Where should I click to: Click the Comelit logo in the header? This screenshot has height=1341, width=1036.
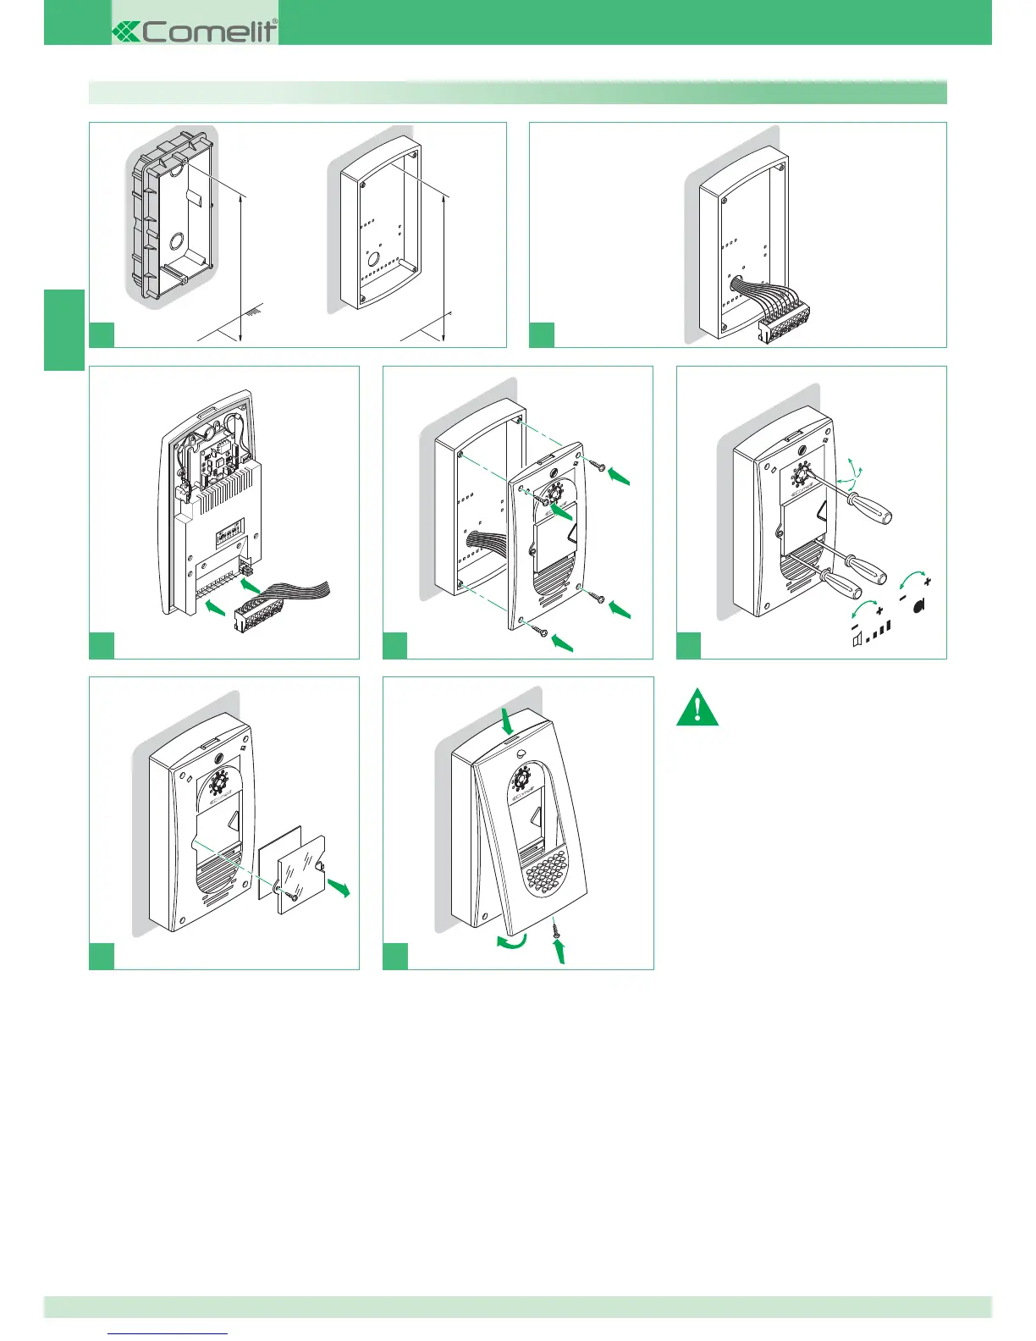(x=196, y=31)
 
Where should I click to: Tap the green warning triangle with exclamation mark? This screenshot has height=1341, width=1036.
(x=697, y=709)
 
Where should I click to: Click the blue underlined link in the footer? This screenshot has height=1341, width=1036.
(x=168, y=1333)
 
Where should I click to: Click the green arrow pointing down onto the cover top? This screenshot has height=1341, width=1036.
(x=506, y=722)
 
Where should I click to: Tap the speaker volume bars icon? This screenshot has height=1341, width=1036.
(x=872, y=635)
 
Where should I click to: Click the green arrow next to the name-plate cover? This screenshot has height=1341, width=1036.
(x=339, y=887)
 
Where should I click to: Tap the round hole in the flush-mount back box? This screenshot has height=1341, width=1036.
(x=179, y=240)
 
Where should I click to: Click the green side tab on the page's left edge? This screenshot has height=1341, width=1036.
(x=64, y=329)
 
